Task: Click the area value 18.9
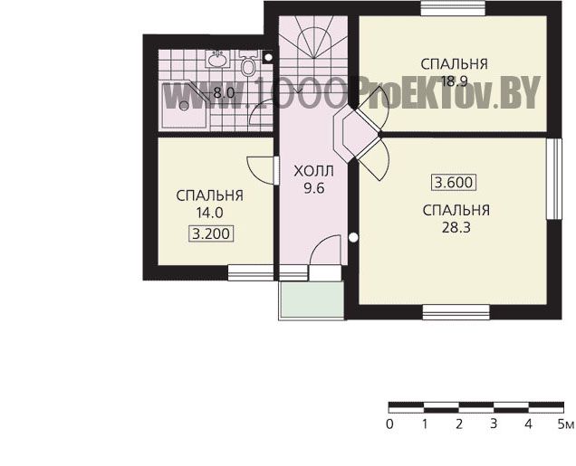point(454,81)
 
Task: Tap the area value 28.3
point(456,228)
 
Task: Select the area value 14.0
point(209,213)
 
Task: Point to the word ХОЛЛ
point(314,171)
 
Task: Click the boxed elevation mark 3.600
point(454,183)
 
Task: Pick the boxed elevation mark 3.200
point(211,233)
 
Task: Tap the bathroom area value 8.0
point(224,93)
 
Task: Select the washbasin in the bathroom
point(218,59)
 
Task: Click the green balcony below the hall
point(312,300)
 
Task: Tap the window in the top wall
point(453,8)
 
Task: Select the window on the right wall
point(554,178)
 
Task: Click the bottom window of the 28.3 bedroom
point(456,312)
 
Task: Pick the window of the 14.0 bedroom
point(251,272)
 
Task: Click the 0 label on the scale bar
point(389,424)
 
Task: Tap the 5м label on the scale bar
point(565,424)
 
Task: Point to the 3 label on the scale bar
point(494,423)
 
